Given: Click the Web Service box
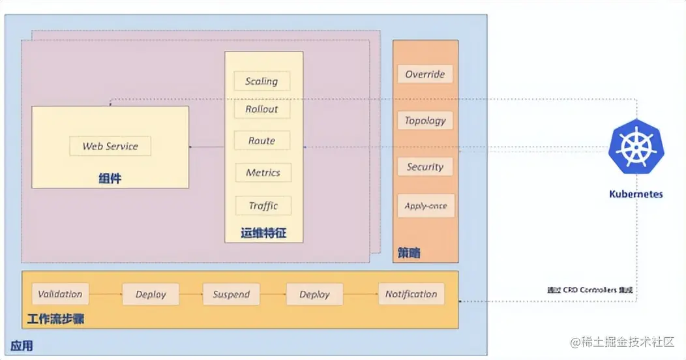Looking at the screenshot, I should pos(110,146).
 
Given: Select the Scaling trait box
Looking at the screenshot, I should pos(261,81).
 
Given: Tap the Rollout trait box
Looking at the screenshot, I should pos(261,109).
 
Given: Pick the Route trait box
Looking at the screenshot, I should pos(261,140).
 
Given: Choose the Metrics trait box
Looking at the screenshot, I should pos(263,173).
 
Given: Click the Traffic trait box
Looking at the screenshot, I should pos(263,205).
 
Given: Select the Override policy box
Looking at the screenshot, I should pos(425,74).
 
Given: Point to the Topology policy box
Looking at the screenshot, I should pos(425,120).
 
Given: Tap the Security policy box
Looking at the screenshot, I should pos(425,167).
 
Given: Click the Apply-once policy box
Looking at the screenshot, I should pos(425,205).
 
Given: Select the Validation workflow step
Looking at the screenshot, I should pos(60,294).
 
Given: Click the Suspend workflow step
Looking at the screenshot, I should pos(231,294).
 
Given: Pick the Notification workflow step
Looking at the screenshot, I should pos(411,294).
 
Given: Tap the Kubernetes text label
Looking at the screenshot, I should pos(636,194).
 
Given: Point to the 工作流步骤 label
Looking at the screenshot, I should pos(56,320).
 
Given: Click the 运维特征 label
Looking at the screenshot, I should pos(263,233).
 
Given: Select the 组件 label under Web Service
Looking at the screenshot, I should pos(110,178).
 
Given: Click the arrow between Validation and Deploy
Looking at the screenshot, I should pos(106,295).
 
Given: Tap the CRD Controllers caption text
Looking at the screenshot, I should pos(589,290).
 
